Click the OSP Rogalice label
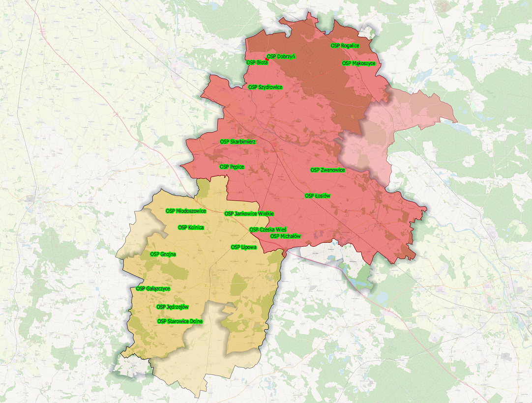(345, 46)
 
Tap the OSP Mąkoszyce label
(359, 63)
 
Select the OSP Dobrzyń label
(282, 57)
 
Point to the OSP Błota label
(257, 62)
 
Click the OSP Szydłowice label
(265, 87)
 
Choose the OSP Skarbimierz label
(238, 142)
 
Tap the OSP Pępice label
(232, 167)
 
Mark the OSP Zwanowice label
(327, 170)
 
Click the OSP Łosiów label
(317, 196)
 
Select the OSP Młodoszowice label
(186, 211)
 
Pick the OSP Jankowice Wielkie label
(249, 214)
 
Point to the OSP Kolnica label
(191, 228)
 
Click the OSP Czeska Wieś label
(268, 230)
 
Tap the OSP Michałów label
(286, 236)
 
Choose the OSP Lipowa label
(244, 247)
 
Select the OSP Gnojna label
(163, 255)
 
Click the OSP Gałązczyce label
(153, 288)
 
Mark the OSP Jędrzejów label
(173, 307)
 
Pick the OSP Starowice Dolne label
(180, 321)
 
